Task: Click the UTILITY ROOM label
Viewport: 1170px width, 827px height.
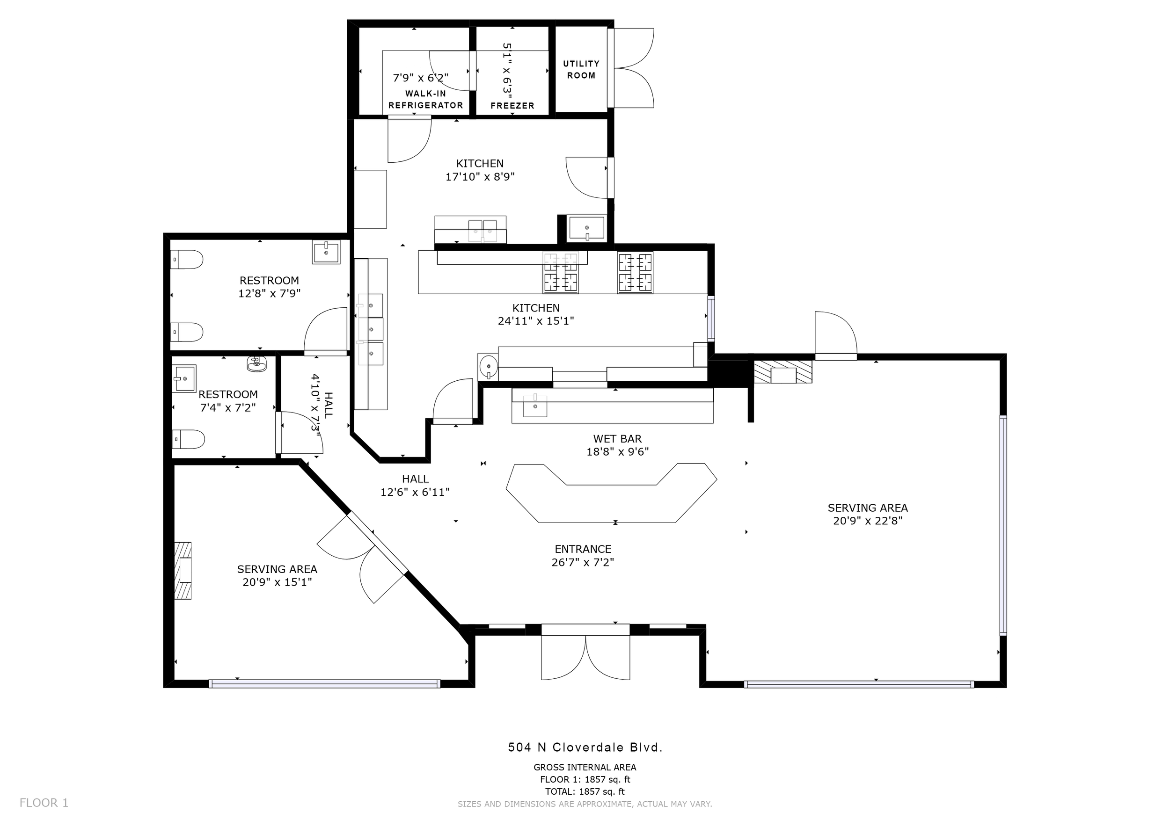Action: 581,70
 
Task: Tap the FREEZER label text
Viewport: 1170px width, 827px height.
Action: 512,106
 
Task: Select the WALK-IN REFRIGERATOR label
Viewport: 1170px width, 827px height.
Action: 425,99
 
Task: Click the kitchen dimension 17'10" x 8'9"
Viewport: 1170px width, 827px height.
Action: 480,177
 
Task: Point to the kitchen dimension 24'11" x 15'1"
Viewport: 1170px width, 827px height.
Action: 535,321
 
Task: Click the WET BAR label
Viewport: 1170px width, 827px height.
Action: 617,438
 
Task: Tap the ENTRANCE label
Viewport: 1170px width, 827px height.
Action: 583,549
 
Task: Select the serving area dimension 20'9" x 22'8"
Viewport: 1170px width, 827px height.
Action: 867,521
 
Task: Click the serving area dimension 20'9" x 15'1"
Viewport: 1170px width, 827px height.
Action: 277,582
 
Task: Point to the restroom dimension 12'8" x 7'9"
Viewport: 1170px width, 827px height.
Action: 269,293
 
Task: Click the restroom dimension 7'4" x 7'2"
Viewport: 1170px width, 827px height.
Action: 227,407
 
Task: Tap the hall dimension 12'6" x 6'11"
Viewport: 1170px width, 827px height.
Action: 415,492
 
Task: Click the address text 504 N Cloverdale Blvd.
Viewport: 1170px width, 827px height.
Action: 585,747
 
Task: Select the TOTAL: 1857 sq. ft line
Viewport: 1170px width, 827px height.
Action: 585,791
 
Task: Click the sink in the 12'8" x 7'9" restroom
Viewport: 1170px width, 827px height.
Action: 326,252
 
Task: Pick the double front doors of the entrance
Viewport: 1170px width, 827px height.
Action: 585,657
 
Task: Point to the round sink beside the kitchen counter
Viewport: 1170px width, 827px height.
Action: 489,366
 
